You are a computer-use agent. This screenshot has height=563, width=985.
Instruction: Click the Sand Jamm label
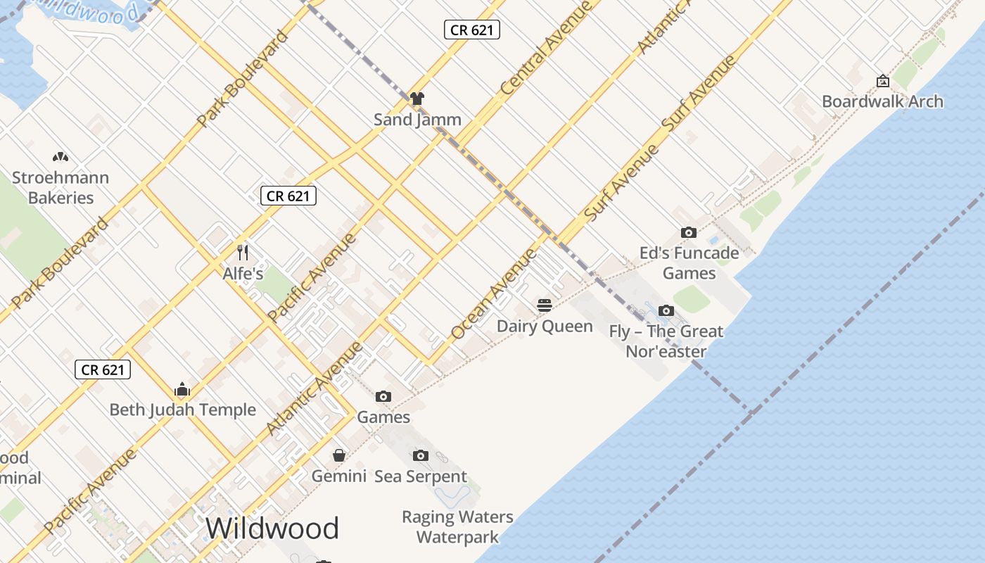coord(417,120)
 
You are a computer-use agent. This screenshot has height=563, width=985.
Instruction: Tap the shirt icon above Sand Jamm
coord(417,99)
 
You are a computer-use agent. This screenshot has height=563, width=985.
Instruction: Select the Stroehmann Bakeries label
coord(61,188)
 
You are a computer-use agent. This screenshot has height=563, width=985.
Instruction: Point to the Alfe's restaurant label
coord(243,274)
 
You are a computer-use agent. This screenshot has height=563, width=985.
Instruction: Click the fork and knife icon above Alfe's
coord(243,252)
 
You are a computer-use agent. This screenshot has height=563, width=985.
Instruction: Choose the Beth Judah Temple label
coord(183,410)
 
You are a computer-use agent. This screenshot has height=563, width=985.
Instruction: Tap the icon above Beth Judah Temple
coord(183,389)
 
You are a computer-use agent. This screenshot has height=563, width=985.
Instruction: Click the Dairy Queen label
coord(545,327)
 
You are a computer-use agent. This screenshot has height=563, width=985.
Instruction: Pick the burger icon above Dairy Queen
coord(545,305)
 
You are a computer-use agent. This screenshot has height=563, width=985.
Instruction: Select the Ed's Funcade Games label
coord(689,263)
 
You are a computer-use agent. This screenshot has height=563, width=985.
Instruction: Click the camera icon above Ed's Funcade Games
coord(689,232)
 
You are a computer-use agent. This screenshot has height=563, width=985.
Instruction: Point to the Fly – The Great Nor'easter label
coord(666,341)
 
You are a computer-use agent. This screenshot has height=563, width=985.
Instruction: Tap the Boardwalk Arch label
coord(882,101)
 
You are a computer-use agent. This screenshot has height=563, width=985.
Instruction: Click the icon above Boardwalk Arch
coord(882,81)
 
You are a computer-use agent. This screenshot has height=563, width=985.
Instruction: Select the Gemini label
coord(339,476)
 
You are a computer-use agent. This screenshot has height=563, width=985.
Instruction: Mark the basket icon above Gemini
coord(339,455)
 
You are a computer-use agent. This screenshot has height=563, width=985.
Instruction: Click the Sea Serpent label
coord(421,476)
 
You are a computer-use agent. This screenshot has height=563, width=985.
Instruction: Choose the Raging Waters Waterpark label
coord(457,527)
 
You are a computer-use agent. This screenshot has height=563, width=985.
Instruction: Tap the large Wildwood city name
coord(272,529)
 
